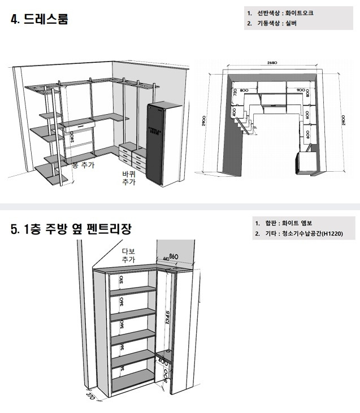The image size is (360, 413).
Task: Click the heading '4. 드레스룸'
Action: coord(40,20)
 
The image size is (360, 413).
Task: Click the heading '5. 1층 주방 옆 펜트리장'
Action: coord(71,229)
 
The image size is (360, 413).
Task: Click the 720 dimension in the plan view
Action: coord(236,93)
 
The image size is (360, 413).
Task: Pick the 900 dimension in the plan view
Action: coord(300,90)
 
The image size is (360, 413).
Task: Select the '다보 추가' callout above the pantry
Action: coord(129,255)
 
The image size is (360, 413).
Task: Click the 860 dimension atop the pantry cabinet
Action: coord(174,257)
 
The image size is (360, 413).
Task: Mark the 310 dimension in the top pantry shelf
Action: coord(121,280)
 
